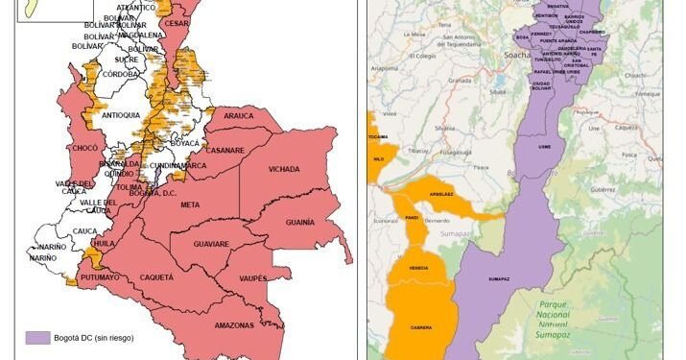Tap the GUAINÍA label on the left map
[x=300, y=222]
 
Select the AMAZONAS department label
[x=234, y=325]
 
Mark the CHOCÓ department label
[x=84, y=147]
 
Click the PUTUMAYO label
[x=100, y=276]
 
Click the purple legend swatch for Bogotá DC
[x=37, y=337]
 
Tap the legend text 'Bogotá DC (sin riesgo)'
[x=94, y=337]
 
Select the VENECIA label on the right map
[x=418, y=268]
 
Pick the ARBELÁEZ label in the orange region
[x=441, y=192]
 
